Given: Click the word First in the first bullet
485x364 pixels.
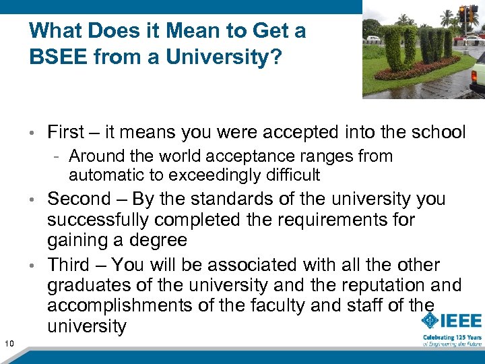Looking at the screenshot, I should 65,132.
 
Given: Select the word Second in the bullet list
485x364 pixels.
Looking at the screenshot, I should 79,199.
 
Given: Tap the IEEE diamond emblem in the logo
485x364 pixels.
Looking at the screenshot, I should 431,321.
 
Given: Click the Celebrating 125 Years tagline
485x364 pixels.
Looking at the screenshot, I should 452,337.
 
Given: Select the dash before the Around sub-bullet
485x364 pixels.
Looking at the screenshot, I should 59,156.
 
